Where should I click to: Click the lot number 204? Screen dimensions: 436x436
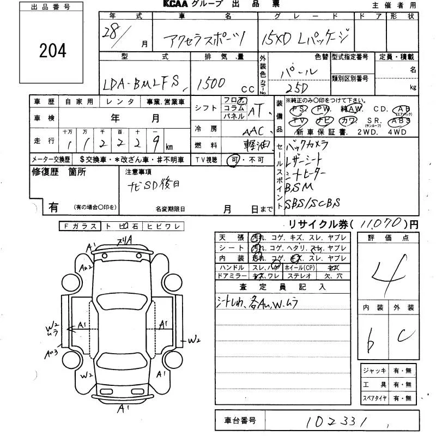(x=53, y=51)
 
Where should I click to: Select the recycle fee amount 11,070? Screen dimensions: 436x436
(x=381, y=223)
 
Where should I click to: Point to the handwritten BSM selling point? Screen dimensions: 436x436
(x=299, y=187)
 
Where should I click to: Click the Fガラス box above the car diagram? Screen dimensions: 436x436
(x=81, y=226)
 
